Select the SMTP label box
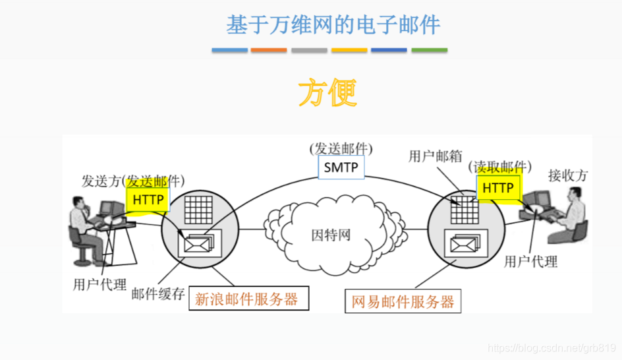[341, 167]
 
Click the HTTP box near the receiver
[497, 189]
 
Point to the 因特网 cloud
[331, 235]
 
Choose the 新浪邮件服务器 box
[246, 299]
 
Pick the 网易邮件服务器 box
[403, 303]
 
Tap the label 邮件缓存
[159, 294]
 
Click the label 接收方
[567, 175]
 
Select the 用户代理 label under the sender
[99, 285]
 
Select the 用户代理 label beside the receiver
[530, 262]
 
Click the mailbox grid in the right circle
[463, 210]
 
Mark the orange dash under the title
[269, 50]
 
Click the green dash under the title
[429, 50]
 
